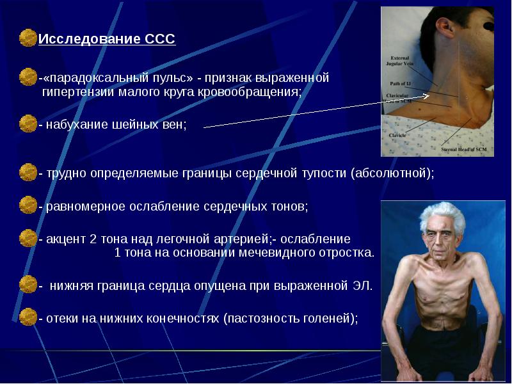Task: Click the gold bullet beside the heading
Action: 28,38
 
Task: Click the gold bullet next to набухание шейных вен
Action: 28,123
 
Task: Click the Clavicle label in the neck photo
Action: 397,136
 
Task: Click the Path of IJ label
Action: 400,83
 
